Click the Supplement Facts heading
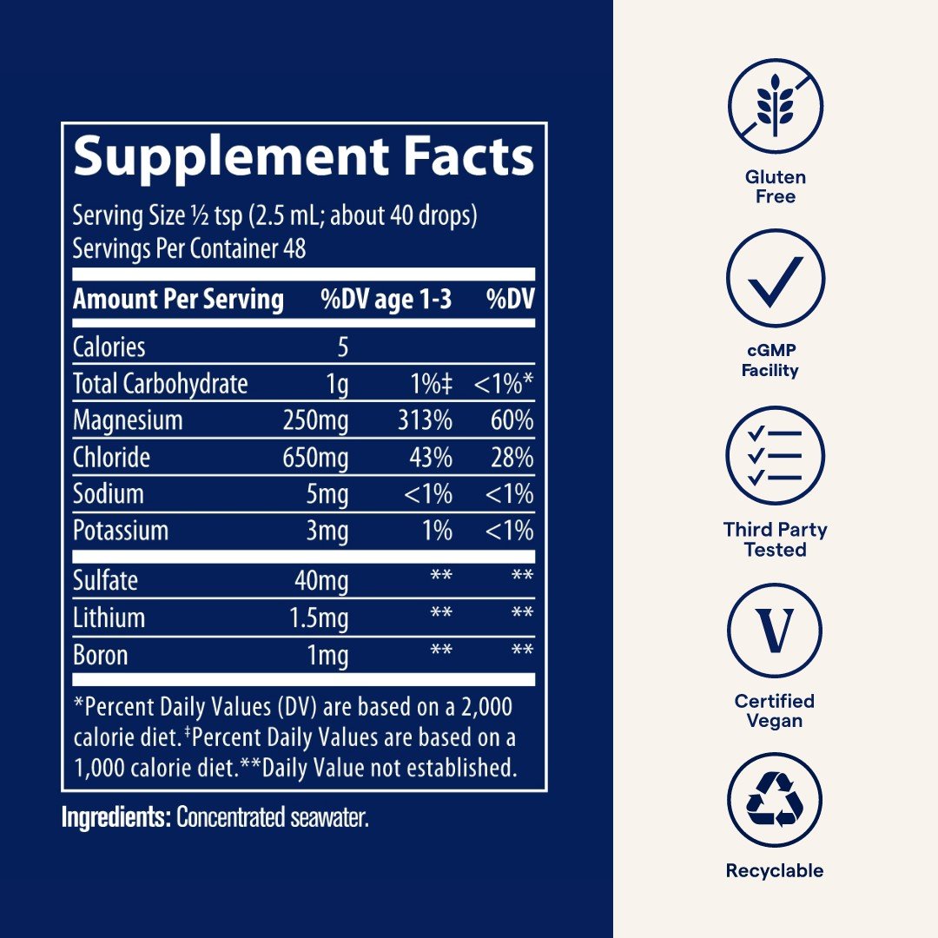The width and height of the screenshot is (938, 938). pos(303,158)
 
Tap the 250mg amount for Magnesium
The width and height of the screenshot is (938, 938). pos(315,421)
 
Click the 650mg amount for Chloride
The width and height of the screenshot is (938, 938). pos(315,458)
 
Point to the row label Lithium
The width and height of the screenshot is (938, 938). pos(109,618)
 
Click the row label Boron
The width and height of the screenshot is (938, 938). pos(100,655)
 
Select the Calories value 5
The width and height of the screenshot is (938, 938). pos(342,347)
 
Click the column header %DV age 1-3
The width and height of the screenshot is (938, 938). pos(386,300)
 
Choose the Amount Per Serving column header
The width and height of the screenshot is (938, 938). pos(178,300)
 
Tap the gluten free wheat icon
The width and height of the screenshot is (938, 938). pos(775,106)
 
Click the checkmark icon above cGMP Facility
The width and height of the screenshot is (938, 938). pos(775,279)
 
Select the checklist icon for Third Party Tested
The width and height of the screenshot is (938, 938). pos(775,455)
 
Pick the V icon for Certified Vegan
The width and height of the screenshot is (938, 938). pos(775,631)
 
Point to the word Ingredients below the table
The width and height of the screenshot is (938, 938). pos(115,818)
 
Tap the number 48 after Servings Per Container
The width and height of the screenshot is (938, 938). pos(294,249)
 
